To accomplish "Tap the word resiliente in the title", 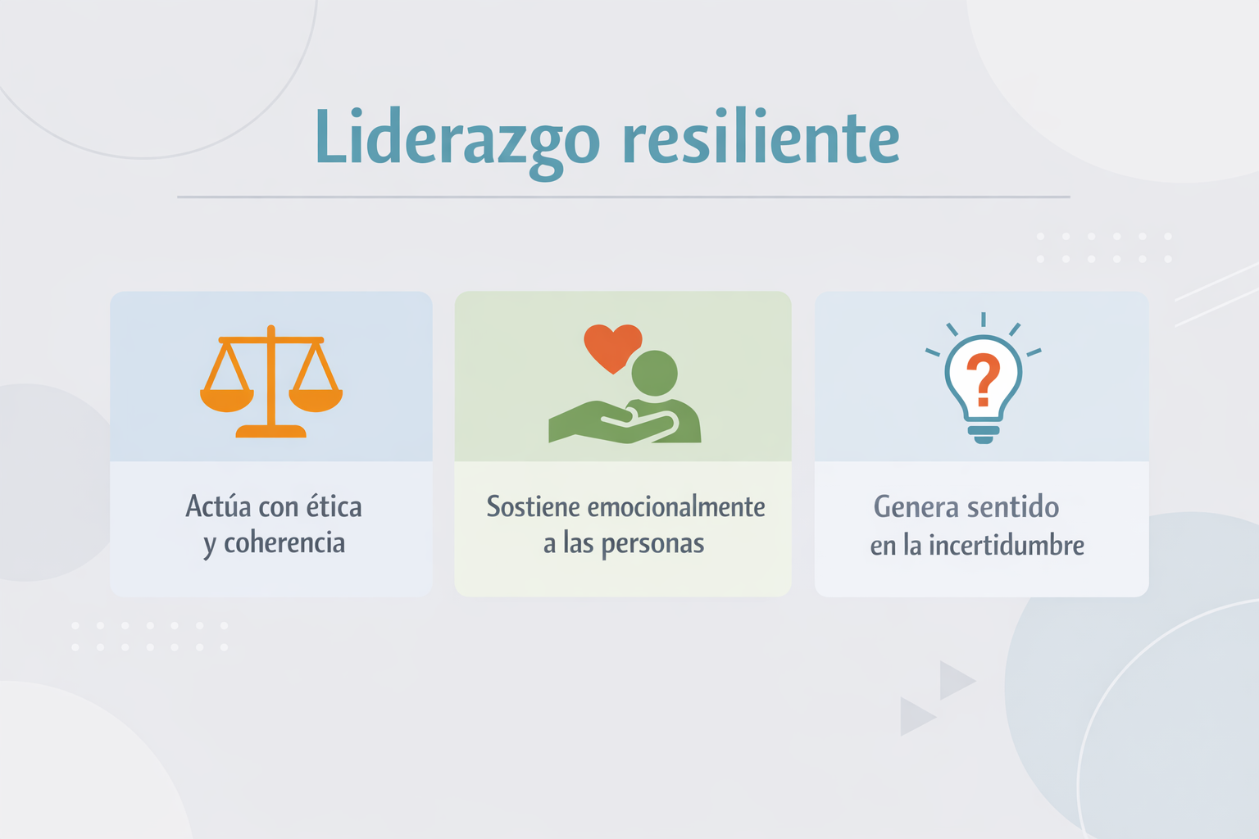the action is coord(761,136).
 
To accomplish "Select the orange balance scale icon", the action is coord(271,381).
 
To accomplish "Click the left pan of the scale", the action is coord(227,401).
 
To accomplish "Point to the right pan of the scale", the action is coord(316,401).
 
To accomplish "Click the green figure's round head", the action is coord(654,373).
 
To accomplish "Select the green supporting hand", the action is coord(612,421).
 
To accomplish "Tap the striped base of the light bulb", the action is coord(983,434).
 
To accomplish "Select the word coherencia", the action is coord(284,543).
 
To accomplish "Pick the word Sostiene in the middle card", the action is coord(533,506).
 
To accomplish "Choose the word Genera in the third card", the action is coord(916,506).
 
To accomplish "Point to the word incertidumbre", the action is coord(1006,545).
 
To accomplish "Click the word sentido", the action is coord(1013,506).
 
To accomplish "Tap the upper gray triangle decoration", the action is coord(957,680).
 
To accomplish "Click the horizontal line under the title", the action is coord(623,197).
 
